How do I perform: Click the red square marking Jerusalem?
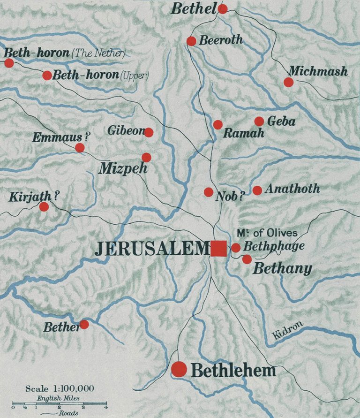coord(218,248)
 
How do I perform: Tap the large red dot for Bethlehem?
coord(179,369)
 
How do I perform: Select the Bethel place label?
coord(194,8)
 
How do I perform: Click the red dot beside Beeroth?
coord(191,41)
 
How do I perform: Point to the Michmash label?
coord(318,71)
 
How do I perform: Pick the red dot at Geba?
coord(259,122)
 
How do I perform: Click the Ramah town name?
coord(243,134)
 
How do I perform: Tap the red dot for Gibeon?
coord(149,133)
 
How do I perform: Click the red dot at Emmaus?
coord(80,148)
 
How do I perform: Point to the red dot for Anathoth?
coord(257,190)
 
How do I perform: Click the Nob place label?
coord(230,196)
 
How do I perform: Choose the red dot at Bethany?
coord(247,259)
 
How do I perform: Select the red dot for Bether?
coord(84,324)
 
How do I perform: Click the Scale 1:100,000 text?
coord(60,388)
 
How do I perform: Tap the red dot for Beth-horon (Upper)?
coord(47,76)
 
